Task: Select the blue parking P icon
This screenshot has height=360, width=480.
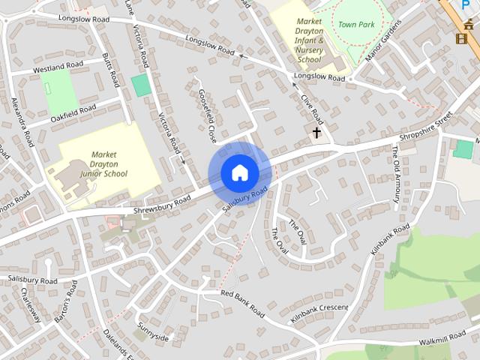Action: pyautogui.click(x=466, y=4)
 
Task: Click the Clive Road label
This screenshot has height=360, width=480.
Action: pyautogui.click(x=311, y=109)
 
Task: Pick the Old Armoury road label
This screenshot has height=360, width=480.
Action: pyautogui.click(x=395, y=173)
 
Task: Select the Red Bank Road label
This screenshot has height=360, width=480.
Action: pyautogui.click(x=242, y=302)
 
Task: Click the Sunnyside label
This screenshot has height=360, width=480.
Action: pyautogui.click(x=153, y=333)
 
